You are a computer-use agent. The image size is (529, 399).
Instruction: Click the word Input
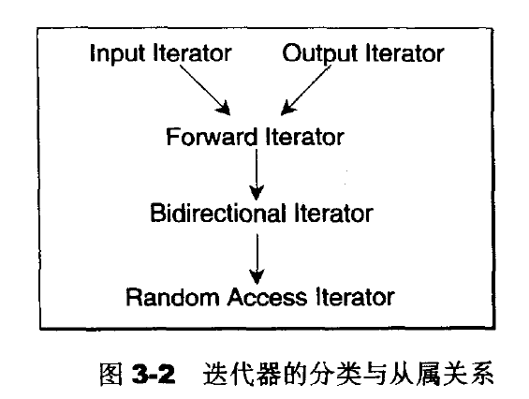[x=118, y=53]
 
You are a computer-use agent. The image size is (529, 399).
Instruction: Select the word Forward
[x=212, y=137]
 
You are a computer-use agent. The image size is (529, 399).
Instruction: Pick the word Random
[x=172, y=297]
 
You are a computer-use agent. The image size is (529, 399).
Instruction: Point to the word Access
[x=267, y=297]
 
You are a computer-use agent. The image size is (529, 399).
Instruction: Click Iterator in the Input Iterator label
[x=192, y=52]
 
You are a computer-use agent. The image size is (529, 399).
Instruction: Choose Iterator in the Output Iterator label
[x=404, y=52]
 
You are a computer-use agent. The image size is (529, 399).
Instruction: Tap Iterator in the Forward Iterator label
[x=305, y=137]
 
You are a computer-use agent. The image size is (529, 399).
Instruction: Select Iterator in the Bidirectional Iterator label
[x=333, y=213]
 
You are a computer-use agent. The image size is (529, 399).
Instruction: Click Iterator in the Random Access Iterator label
[x=355, y=297]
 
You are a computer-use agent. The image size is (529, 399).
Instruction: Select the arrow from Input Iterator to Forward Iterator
[x=205, y=90]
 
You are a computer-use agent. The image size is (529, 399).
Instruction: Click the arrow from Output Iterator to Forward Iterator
[x=306, y=90]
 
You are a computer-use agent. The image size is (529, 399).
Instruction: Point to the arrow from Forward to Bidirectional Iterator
[x=257, y=174]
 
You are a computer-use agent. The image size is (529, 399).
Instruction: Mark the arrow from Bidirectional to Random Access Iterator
[x=257, y=259]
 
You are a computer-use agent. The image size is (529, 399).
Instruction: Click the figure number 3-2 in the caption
[x=154, y=374]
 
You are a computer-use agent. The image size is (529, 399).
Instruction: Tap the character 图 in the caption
[x=111, y=374]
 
